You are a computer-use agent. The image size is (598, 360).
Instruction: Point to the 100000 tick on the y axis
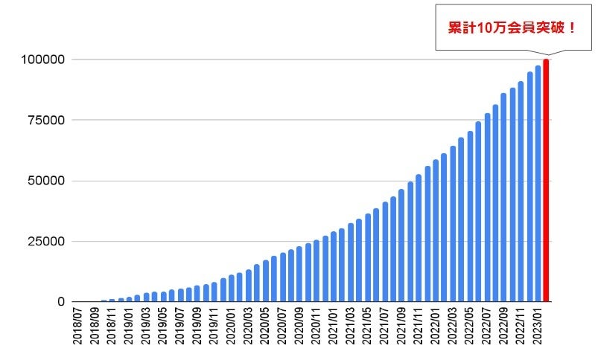click(43, 60)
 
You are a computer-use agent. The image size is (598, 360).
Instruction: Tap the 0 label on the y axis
click(62, 302)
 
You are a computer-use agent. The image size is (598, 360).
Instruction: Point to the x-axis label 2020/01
click(232, 327)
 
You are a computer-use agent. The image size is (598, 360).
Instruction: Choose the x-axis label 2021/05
click(368, 327)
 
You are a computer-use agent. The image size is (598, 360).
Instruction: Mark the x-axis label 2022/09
click(504, 327)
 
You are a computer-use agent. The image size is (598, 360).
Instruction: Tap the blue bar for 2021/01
click(334, 267)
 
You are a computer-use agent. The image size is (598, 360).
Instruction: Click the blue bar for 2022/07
click(487, 208)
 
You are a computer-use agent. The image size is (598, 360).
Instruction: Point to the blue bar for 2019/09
click(197, 294)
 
